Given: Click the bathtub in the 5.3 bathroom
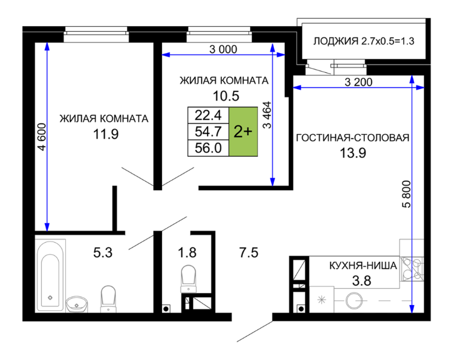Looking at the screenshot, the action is pyautogui.click(x=50, y=276).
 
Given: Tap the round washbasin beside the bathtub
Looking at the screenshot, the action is pyautogui.click(x=77, y=304).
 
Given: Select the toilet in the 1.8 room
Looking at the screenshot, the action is pyautogui.click(x=188, y=279).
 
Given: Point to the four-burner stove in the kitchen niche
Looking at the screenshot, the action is pyautogui.click(x=412, y=269).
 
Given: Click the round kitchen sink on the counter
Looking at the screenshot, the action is pyautogui.click(x=354, y=301).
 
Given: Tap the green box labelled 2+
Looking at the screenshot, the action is pyautogui.click(x=243, y=132).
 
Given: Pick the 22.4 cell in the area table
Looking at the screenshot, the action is pyautogui.click(x=208, y=115).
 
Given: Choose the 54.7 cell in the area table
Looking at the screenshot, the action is pyautogui.click(x=208, y=132).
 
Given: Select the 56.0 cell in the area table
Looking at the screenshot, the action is pyautogui.click(x=208, y=148).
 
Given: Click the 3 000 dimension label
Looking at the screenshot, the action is pyautogui.click(x=223, y=50).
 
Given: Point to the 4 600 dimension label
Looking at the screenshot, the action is pyautogui.click(x=42, y=137).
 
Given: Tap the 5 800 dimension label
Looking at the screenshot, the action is pyautogui.click(x=406, y=194).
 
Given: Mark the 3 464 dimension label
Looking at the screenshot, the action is pyautogui.click(x=267, y=115).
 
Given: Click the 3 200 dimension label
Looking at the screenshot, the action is pyautogui.click(x=358, y=82).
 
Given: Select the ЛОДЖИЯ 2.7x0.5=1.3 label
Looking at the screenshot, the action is pyautogui.click(x=364, y=41).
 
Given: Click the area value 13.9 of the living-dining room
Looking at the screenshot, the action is pyautogui.click(x=353, y=152).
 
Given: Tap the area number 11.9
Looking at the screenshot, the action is pyautogui.click(x=106, y=135).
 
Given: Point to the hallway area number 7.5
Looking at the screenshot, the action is pyautogui.click(x=249, y=252).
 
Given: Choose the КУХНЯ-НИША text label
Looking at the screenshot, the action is pyautogui.click(x=363, y=266).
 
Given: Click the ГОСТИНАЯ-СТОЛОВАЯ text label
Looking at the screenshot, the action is pyautogui.click(x=353, y=138).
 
